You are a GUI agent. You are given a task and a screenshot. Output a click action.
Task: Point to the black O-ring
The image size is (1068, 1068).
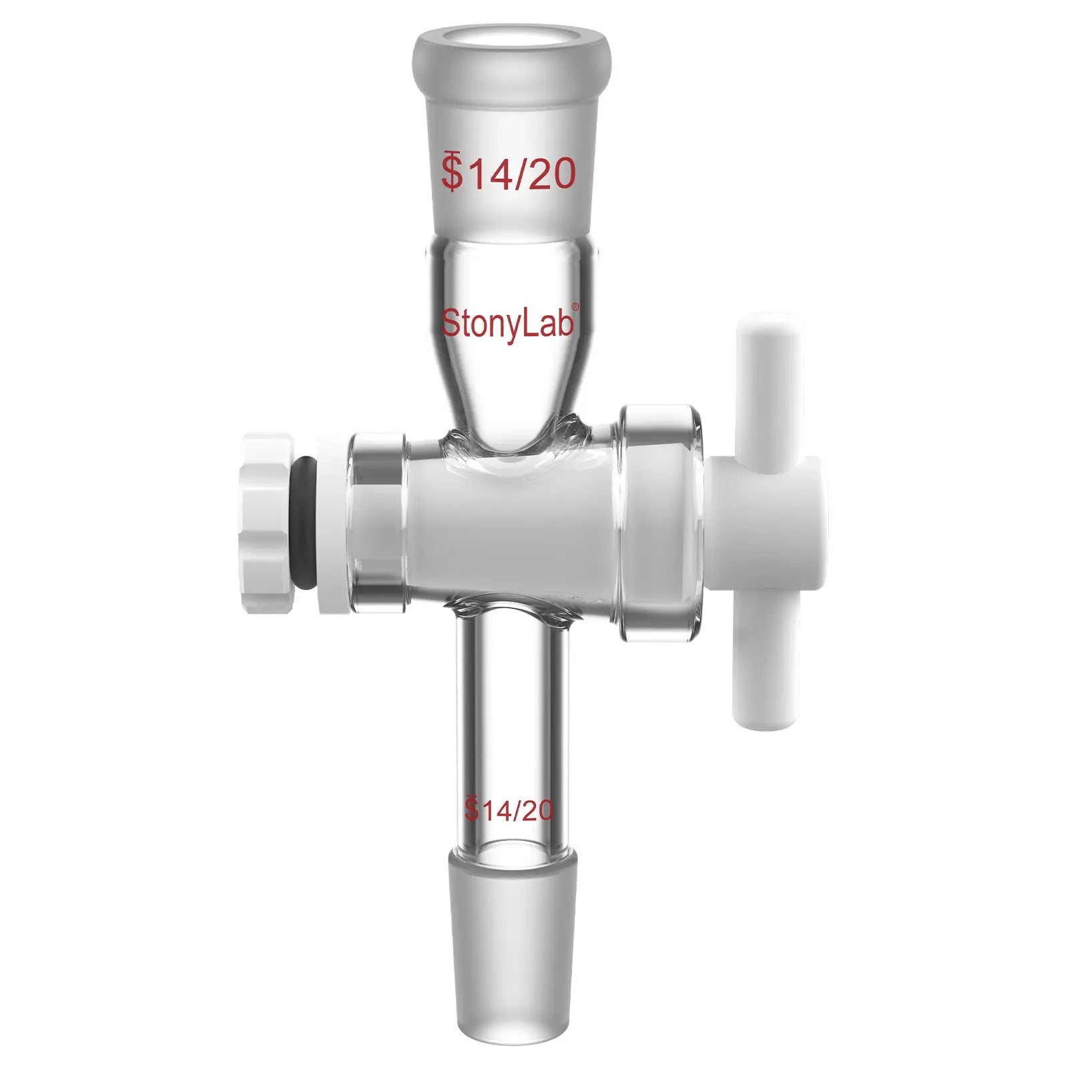click(306, 525)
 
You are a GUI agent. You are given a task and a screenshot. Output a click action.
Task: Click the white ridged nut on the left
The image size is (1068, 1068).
click(268, 523)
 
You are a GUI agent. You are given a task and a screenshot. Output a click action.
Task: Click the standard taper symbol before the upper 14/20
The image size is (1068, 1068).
click(453, 172)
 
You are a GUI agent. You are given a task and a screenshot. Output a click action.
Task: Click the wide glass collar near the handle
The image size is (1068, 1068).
click(661, 523)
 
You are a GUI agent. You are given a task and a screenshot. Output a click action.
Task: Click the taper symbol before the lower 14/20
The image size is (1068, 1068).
click(472, 809)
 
